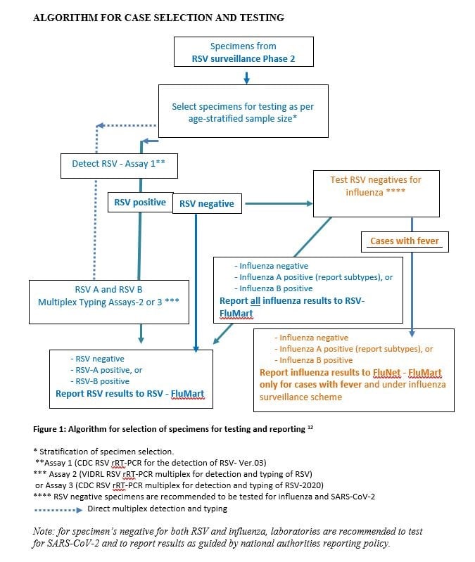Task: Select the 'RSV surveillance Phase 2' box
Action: (242, 53)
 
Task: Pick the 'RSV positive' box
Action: (139, 203)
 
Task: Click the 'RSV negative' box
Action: (207, 204)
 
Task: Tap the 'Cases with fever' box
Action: (404, 241)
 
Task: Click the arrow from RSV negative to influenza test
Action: (277, 204)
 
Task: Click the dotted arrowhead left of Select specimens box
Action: (101, 126)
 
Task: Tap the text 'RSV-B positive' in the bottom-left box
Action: (100, 381)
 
